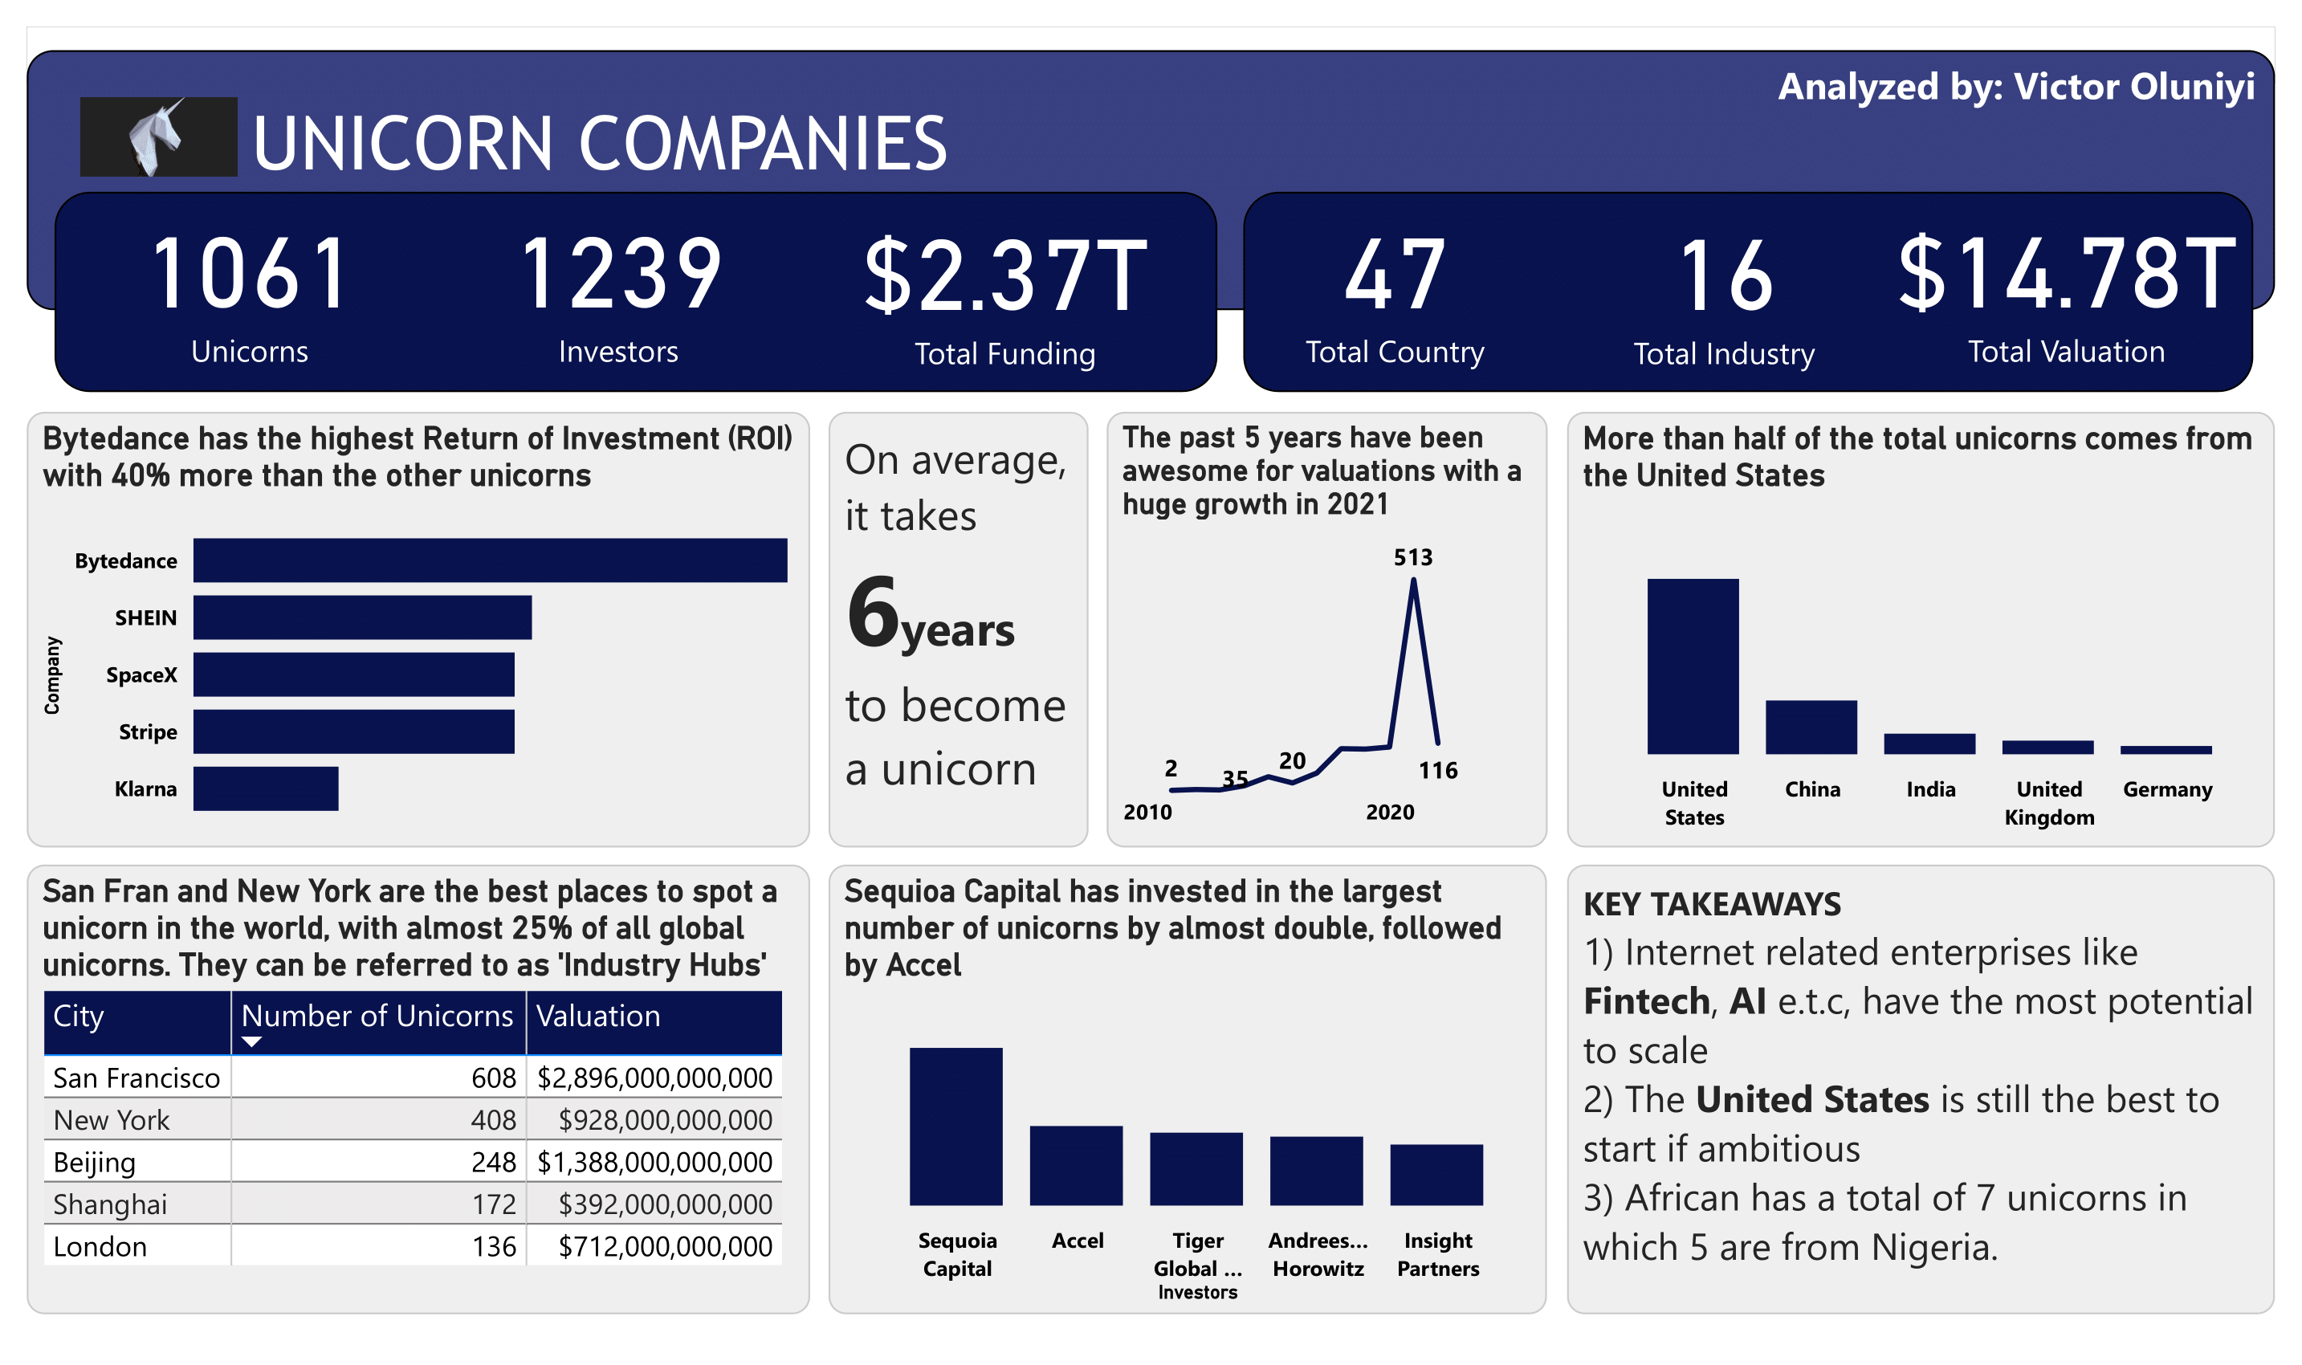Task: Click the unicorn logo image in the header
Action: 158,136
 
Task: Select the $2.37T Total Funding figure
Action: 1005,275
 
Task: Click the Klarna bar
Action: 265,788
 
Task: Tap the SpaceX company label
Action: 141,675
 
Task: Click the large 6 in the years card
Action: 872,612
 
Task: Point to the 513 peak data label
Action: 1412,557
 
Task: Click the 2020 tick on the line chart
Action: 1390,813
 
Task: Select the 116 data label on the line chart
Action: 1437,771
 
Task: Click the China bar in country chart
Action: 1811,727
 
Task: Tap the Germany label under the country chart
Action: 2167,789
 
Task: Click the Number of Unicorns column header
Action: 377,1016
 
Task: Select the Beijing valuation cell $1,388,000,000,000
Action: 654,1162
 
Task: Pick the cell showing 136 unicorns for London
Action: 494,1246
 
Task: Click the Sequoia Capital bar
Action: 955,1126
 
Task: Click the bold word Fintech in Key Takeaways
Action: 1646,1000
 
